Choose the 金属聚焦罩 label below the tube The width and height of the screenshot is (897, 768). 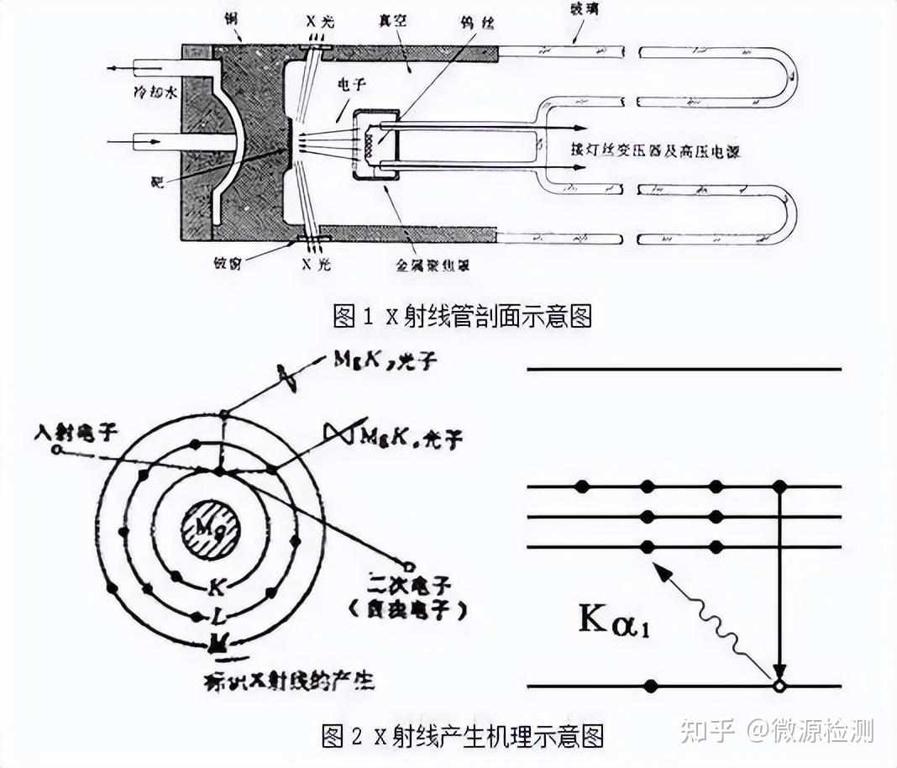tap(432, 265)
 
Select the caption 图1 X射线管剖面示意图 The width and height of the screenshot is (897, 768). tap(462, 316)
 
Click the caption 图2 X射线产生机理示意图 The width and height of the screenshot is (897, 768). tap(462, 736)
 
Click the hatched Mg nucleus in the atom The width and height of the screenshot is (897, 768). tap(211, 529)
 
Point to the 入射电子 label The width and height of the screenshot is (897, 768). tap(76, 431)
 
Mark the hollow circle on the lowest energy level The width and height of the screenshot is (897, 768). tap(779, 686)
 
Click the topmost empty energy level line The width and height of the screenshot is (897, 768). tap(684, 369)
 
